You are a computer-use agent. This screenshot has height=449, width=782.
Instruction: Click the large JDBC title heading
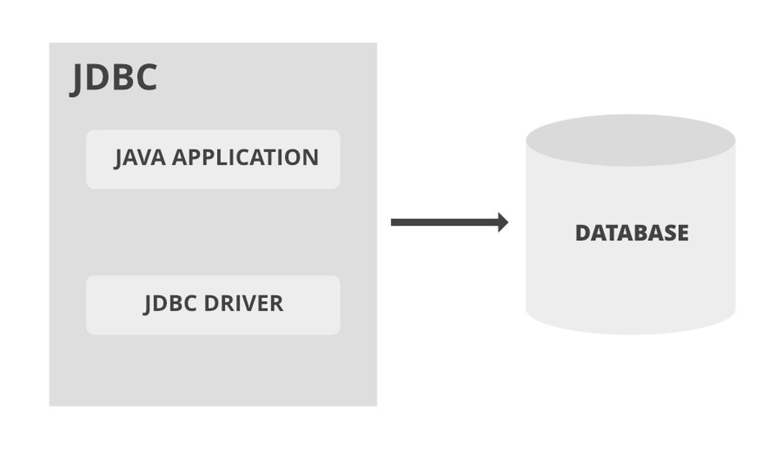click(x=114, y=78)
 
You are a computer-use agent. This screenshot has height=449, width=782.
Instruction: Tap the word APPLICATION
click(x=245, y=158)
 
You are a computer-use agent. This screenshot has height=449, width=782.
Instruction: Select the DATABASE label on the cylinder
click(x=632, y=233)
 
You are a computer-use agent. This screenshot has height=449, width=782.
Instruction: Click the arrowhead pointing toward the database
click(x=503, y=222)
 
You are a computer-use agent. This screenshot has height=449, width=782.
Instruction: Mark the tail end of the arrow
click(x=395, y=222)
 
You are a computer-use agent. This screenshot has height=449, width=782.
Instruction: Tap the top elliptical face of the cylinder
click(x=630, y=140)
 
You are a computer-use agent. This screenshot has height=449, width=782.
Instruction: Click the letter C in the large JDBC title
click(x=146, y=78)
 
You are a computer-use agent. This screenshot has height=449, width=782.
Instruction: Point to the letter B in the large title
click(x=122, y=78)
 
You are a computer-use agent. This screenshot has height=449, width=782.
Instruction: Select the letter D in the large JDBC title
click(x=98, y=78)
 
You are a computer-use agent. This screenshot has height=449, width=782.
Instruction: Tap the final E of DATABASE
click(x=682, y=233)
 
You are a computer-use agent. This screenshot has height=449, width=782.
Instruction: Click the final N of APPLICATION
click(x=311, y=158)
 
